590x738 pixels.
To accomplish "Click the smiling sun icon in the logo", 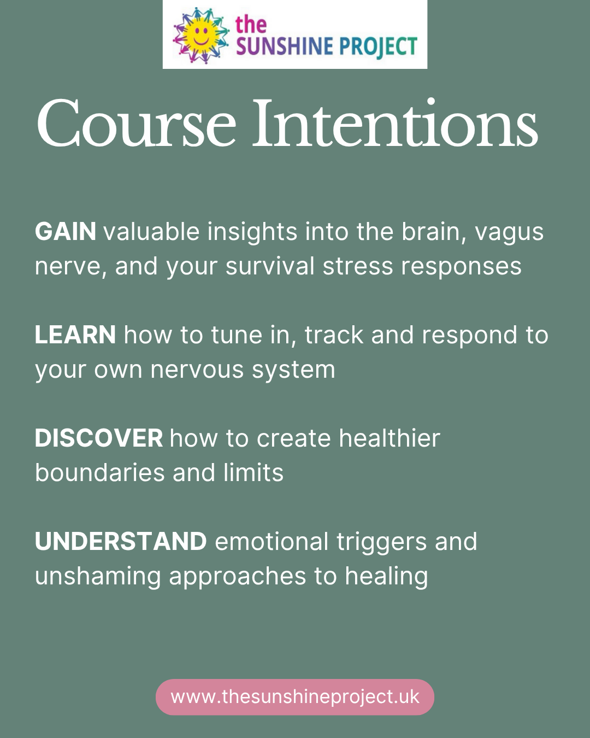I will coord(200,35).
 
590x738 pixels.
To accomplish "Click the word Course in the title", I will coord(136,124).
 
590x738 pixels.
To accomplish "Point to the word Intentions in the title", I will coord(394,124).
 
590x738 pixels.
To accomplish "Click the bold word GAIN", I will coord(66,232).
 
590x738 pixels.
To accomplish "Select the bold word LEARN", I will coord(75,335).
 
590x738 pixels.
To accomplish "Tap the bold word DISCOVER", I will coord(99,438).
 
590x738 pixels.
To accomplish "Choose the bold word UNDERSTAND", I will coord(121,542).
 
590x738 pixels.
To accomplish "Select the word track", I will coord(334,335).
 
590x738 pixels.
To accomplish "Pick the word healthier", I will coord(389,438).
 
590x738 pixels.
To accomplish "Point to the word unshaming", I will coord(98,577).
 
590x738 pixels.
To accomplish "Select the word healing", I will coord(386,577).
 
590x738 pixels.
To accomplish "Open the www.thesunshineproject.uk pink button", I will coord(295,697).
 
